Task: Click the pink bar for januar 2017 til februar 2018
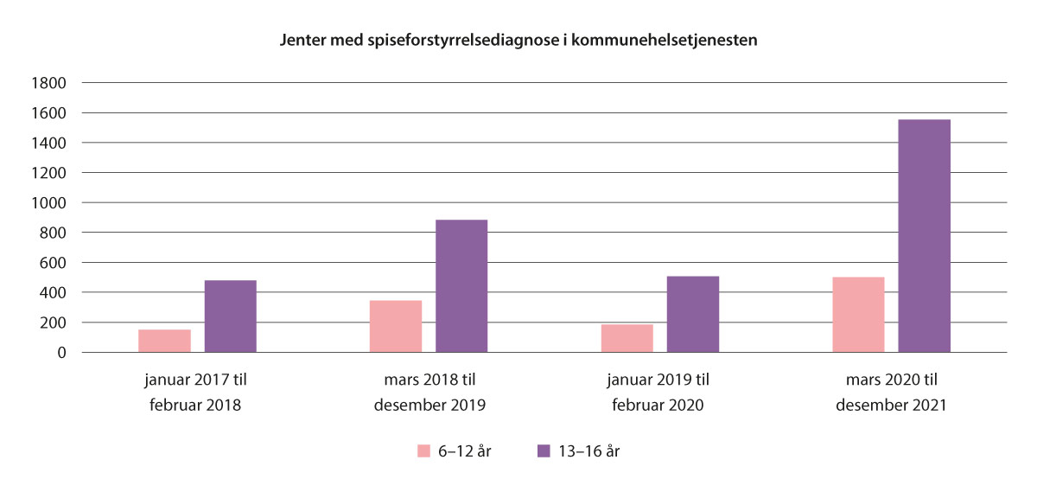(164, 341)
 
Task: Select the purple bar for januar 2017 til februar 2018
(231, 316)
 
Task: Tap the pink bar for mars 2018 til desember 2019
(396, 326)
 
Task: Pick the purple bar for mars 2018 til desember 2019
(461, 286)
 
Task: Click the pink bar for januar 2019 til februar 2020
(627, 338)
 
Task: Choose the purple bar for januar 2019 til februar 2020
(693, 314)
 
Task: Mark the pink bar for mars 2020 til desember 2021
(858, 315)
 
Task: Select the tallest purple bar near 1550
(925, 236)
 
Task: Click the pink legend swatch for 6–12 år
(424, 450)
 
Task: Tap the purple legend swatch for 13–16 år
(544, 450)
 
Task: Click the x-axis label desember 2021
(891, 404)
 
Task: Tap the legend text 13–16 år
(590, 450)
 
